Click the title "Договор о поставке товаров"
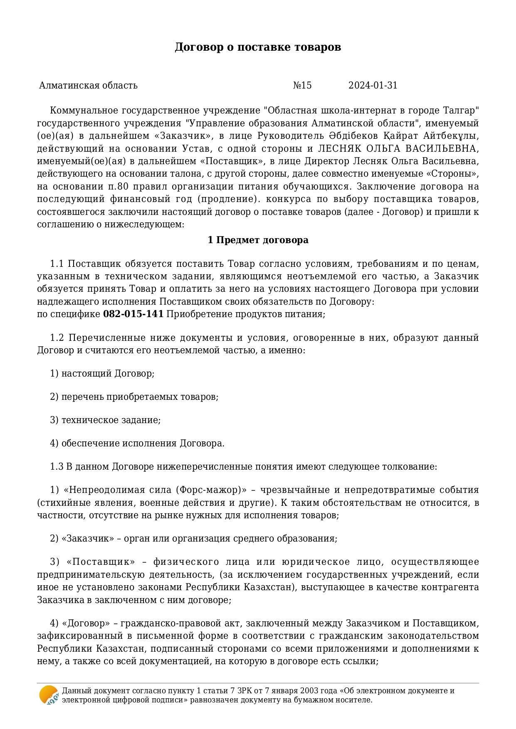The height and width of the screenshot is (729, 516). (x=258, y=47)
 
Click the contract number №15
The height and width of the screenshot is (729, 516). (x=302, y=86)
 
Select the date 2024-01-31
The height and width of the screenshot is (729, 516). (x=373, y=86)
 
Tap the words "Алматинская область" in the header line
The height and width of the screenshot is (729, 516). (x=88, y=86)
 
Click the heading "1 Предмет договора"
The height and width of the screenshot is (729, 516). (x=258, y=240)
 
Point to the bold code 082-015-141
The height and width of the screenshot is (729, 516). (x=133, y=314)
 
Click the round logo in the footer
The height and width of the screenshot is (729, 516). (x=49, y=695)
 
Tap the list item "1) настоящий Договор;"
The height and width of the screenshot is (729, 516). (x=102, y=374)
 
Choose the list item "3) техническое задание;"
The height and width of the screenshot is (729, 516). (x=105, y=420)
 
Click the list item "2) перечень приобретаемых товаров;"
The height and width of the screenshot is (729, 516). (x=134, y=397)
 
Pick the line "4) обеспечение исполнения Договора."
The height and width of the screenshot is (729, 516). (x=137, y=443)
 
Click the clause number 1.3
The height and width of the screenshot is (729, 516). (x=57, y=467)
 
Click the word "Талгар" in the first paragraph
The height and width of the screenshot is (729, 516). (x=460, y=111)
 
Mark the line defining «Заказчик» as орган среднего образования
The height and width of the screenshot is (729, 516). (x=193, y=539)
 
